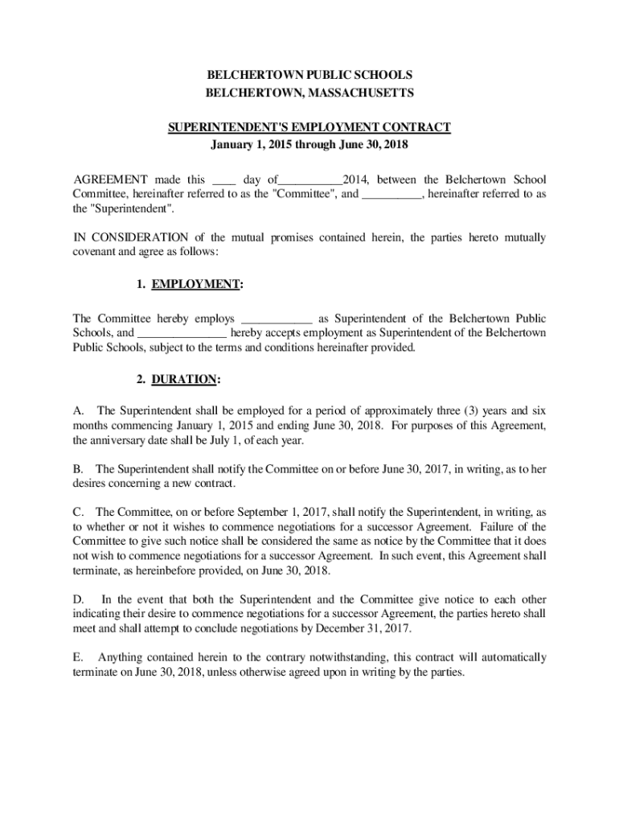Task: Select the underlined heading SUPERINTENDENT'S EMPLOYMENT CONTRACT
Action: point(309,128)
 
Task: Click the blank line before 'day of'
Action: point(226,181)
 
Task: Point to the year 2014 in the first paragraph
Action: point(355,179)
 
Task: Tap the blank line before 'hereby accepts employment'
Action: point(182,334)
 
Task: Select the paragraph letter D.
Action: point(78,599)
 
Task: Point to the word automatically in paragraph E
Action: point(511,657)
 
